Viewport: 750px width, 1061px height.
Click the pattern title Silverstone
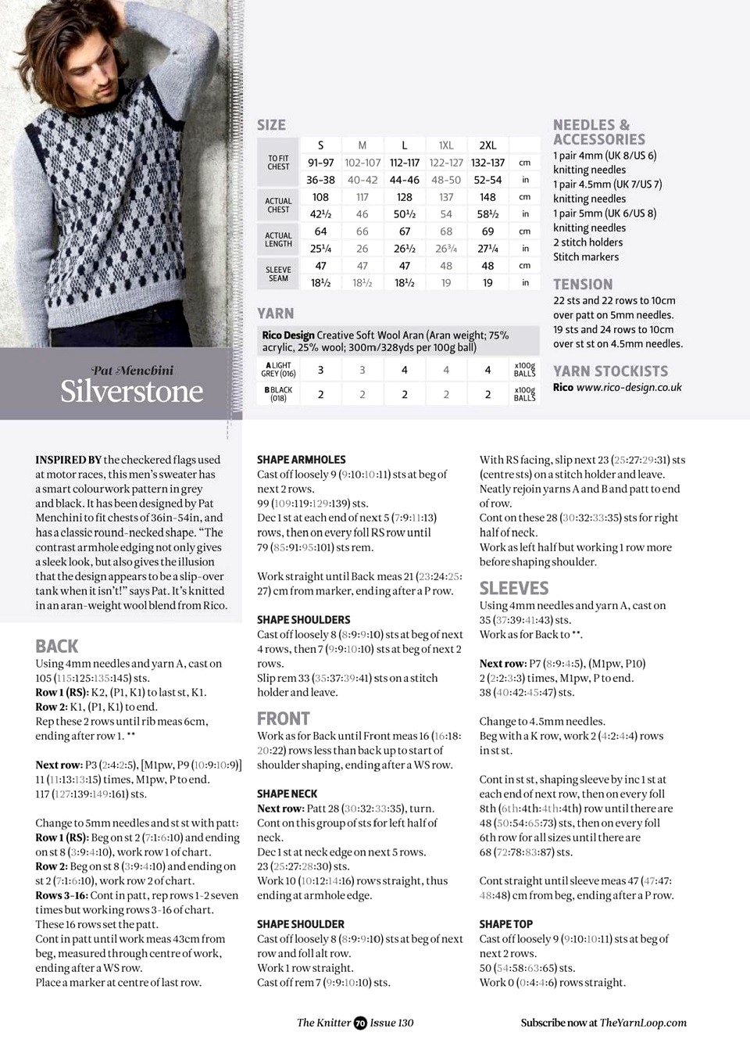pos(131,391)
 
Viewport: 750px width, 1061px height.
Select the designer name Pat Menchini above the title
pos(133,371)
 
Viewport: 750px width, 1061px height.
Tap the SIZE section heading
pos(271,125)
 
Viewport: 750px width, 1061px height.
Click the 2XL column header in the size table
pos(487,145)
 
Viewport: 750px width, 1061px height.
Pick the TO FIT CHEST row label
pos(278,163)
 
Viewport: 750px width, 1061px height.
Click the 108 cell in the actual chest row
pos(320,197)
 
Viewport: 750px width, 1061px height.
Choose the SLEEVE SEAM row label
pos(278,274)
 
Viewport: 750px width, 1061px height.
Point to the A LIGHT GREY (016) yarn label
pos(278,370)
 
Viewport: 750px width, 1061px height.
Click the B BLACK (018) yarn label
pos(278,394)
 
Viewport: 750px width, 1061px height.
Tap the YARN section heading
pos(276,314)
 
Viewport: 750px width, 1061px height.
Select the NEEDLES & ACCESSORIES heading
pos(599,132)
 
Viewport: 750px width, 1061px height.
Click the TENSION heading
pos(583,285)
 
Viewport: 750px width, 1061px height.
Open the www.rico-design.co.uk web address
pos(629,387)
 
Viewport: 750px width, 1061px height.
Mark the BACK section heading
pos(57,647)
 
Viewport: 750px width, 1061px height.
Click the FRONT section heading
pos(284,719)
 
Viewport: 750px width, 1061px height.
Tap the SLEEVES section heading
pos(514,588)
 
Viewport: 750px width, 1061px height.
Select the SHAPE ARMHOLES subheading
pos(301,460)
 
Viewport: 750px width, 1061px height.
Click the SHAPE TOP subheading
pos(506,924)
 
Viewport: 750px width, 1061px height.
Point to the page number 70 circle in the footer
pos(360,1023)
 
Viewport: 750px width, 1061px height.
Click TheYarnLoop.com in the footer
pos(643,1023)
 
